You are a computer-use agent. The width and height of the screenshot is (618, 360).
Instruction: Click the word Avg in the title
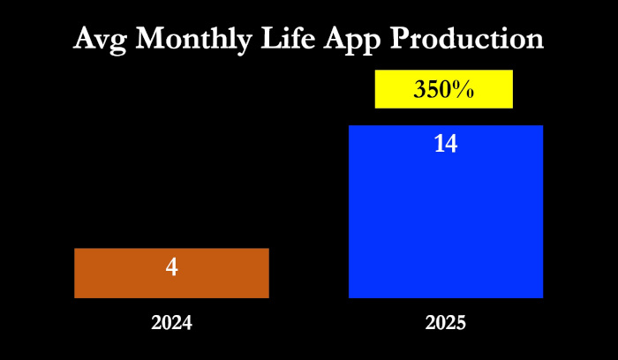pyautogui.click(x=100, y=40)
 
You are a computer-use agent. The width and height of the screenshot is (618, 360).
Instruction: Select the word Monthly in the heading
pyautogui.click(x=194, y=40)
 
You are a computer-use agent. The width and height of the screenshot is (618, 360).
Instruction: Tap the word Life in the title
pyautogui.click(x=288, y=38)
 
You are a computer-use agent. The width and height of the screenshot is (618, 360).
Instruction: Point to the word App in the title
pyautogui.click(x=352, y=41)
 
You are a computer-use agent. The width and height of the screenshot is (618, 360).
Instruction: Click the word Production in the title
pyautogui.click(x=467, y=38)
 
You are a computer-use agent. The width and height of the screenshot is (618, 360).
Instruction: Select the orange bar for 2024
pyautogui.click(x=171, y=273)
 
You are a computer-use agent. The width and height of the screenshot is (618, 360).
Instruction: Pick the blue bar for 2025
pyautogui.click(x=446, y=212)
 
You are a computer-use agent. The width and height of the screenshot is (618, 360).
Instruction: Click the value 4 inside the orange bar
pyautogui.click(x=172, y=267)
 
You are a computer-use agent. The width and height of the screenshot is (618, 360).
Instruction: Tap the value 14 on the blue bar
pyautogui.click(x=446, y=144)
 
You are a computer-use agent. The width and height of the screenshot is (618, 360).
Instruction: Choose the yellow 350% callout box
pyautogui.click(x=444, y=89)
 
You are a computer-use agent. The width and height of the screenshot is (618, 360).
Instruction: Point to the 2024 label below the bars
pyautogui.click(x=172, y=323)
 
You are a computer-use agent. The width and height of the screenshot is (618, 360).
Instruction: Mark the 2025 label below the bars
pyautogui.click(x=446, y=323)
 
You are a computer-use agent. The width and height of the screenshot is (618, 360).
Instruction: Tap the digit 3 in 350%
pyautogui.click(x=419, y=90)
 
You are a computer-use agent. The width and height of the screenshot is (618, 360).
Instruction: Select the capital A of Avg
pyautogui.click(x=85, y=38)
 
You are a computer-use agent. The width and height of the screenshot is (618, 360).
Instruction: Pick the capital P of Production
pyautogui.click(x=400, y=38)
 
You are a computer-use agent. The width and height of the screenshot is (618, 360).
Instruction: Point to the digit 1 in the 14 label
pyautogui.click(x=440, y=144)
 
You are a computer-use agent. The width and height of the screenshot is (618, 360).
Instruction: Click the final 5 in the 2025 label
pyautogui.click(x=461, y=323)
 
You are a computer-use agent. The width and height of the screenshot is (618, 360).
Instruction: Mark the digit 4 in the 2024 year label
pyautogui.click(x=187, y=323)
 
